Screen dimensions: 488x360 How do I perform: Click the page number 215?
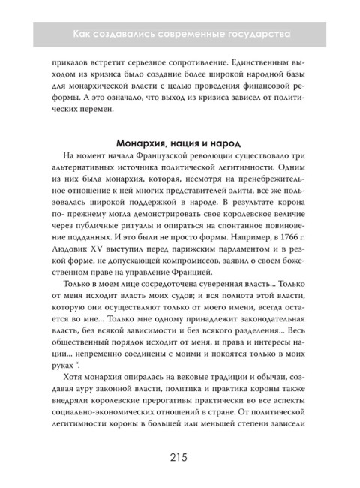tap(179, 456)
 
